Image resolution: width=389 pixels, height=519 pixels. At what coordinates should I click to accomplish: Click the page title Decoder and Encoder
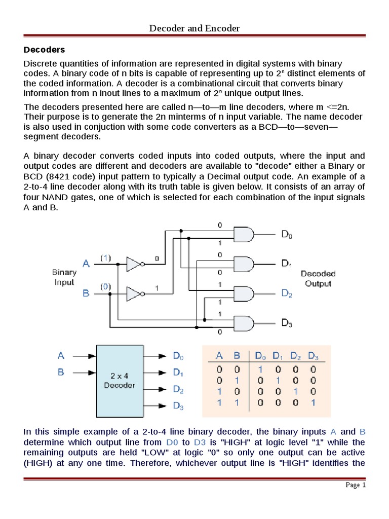(x=194, y=28)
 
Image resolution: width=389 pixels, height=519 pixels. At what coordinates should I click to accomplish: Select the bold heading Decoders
(x=45, y=50)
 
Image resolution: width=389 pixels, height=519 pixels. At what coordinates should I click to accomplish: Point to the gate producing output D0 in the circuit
(x=244, y=234)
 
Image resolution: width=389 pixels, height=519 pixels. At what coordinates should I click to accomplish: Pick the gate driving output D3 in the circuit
(x=244, y=322)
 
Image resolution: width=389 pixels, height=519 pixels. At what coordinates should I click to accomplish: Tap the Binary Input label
(x=64, y=277)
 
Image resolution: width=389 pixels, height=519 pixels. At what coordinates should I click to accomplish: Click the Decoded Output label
(x=318, y=279)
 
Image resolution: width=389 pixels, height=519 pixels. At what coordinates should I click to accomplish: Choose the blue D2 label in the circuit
(x=287, y=293)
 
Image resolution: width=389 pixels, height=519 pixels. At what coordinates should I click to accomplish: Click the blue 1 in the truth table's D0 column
(x=259, y=369)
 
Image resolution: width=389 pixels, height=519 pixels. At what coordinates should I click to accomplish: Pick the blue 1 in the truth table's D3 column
(x=314, y=403)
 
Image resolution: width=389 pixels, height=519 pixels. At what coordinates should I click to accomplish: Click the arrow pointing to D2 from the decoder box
(x=158, y=389)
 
